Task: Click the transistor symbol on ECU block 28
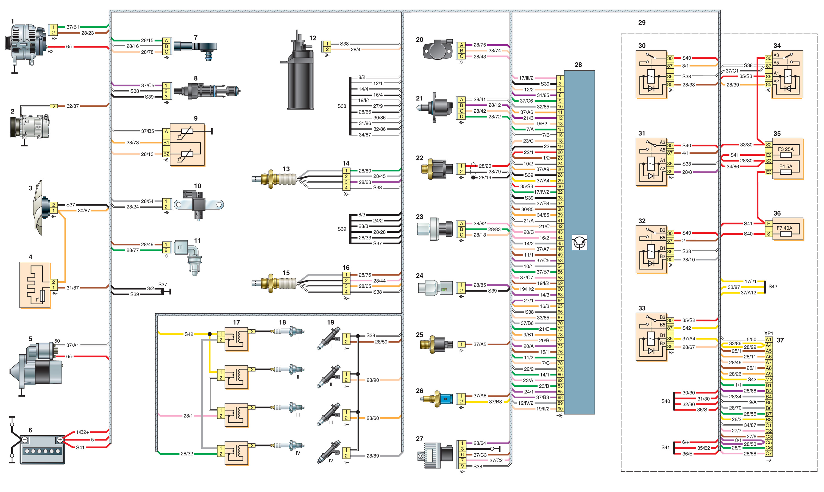579,242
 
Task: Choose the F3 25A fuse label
786,149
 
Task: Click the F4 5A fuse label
786,166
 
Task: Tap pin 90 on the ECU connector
560,409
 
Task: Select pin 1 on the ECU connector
560,78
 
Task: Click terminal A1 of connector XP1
768,340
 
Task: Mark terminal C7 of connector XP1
768,453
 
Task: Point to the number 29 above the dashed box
642,23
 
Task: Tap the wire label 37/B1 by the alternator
73,27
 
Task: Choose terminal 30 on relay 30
670,58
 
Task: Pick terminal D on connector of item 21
461,117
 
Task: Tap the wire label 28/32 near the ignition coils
186,454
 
